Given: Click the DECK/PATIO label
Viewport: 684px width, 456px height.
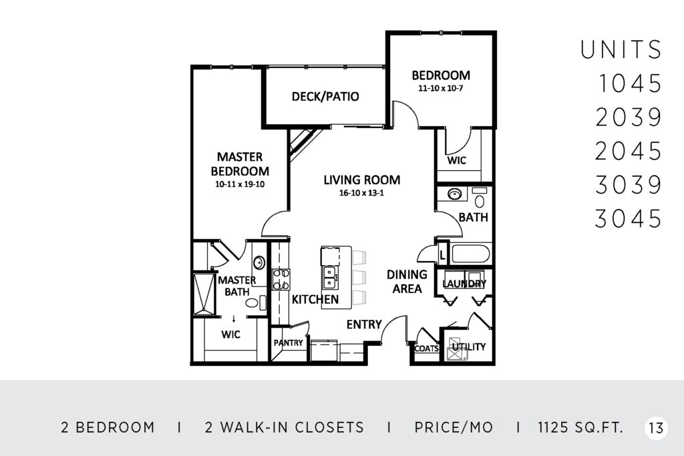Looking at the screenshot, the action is click(325, 96).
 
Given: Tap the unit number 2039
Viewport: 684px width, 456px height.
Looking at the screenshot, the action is click(629, 118).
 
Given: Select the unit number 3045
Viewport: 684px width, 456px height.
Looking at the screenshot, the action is click(629, 218).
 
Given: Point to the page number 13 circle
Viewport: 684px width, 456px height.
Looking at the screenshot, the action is click(656, 428).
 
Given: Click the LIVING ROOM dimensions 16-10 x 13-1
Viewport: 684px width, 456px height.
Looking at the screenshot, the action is click(361, 193).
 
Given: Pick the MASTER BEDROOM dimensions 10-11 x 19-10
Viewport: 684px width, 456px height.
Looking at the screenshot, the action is click(240, 184).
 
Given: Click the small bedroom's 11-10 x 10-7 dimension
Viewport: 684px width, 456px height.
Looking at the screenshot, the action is click(441, 88).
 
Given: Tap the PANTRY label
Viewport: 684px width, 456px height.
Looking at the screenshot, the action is click(289, 343).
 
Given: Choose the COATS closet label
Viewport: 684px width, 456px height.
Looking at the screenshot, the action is click(426, 349).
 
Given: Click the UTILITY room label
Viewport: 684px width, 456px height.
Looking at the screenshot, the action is click(469, 347).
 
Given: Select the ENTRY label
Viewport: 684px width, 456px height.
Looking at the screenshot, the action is click(364, 324).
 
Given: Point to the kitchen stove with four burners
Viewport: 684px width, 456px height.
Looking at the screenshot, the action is click(281, 280).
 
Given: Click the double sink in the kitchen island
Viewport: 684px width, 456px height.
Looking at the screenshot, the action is click(329, 277).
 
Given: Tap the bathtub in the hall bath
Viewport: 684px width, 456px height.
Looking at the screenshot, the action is click(471, 254).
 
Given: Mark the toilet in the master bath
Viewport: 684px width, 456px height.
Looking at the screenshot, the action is click(256, 302).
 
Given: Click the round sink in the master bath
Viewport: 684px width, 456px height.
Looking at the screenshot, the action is click(259, 263).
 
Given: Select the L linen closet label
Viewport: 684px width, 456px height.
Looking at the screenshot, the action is click(442, 255).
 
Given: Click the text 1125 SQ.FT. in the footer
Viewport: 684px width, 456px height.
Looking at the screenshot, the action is click(580, 428).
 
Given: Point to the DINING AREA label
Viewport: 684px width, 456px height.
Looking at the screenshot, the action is click(407, 281).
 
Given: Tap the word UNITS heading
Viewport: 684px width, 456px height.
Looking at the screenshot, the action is click(621, 49).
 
